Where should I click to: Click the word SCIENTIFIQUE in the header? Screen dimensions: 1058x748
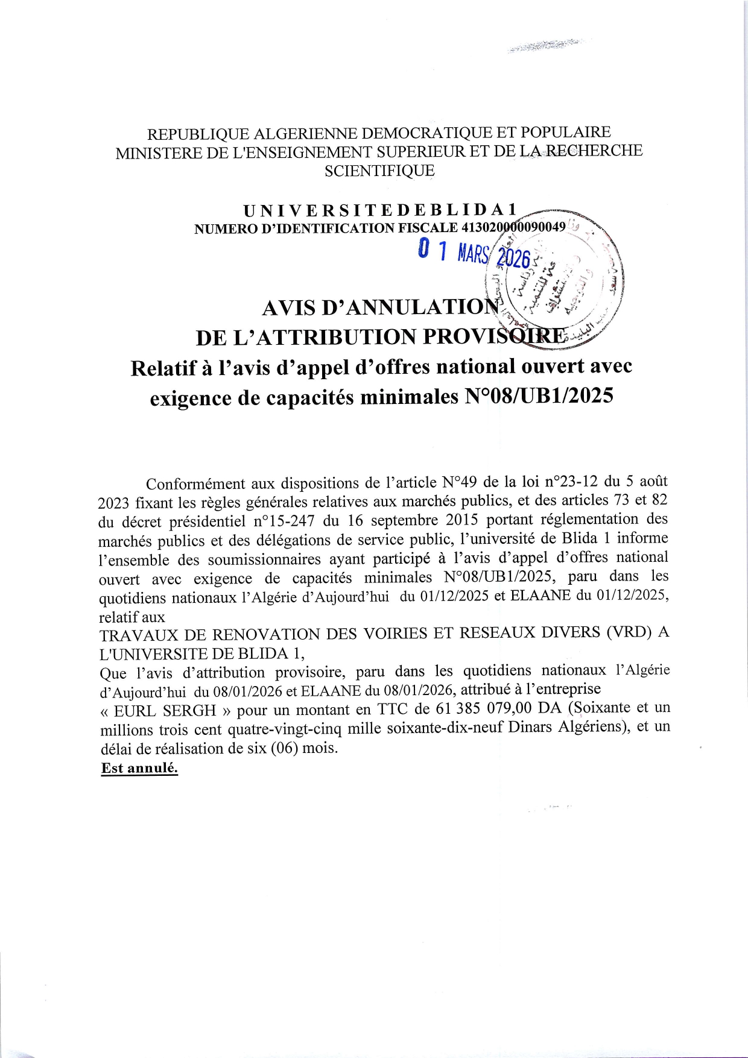(379, 171)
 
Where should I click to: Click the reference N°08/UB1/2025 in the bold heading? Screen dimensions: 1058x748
(537, 397)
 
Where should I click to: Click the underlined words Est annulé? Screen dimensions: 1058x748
(139, 769)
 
